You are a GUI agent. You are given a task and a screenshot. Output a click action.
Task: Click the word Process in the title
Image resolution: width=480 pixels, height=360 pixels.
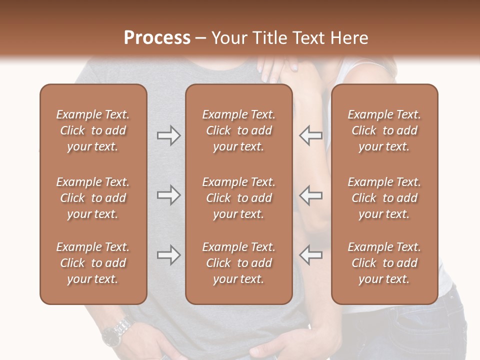pyautogui.click(x=157, y=37)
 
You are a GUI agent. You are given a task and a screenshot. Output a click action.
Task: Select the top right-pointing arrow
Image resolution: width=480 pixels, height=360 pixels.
pyautogui.click(x=168, y=135)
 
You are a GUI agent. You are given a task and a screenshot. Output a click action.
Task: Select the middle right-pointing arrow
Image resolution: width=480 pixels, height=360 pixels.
pyautogui.click(x=168, y=195)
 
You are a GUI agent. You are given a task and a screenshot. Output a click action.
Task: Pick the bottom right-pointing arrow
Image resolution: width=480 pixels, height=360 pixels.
pyautogui.click(x=168, y=255)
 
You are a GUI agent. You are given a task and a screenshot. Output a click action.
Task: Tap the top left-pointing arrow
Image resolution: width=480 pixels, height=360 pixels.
pyautogui.click(x=311, y=135)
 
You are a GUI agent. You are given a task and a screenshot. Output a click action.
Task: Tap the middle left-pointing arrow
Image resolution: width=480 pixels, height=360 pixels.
pyautogui.click(x=311, y=195)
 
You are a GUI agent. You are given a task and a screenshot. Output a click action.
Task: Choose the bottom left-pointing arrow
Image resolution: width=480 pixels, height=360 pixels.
pyautogui.click(x=311, y=255)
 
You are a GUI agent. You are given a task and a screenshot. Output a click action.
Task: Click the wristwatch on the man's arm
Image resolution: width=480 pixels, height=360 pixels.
pyautogui.click(x=116, y=332)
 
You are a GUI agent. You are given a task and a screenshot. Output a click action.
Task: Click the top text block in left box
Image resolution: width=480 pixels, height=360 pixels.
pyautogui.click(x=93, y=130)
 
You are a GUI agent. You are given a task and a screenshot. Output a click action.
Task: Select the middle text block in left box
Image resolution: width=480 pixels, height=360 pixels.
pyautogui.click(x=93, y=198)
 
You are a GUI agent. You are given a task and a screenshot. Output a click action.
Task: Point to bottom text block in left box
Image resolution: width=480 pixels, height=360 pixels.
pyautogui.click(x=93, y=263)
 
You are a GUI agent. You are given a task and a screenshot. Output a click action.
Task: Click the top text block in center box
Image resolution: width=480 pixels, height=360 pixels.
pyautogui.click(x=238, y=130)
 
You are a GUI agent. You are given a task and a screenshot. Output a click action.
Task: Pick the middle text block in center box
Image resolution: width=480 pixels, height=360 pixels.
pyautogui.click(x=238, y=198)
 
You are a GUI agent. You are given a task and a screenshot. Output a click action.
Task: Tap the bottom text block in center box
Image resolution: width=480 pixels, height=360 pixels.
pyautogui.click(x=238, y=263)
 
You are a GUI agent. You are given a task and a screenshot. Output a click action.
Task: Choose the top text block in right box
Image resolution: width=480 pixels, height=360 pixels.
pyautogui.click(x=384, y=130)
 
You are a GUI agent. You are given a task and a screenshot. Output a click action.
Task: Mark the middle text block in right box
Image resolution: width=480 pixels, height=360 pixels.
pyautogui.click(x=384, y=198)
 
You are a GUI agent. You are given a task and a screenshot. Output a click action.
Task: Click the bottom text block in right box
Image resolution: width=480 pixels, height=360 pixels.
pyautogui.click(x=384, y=263)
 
